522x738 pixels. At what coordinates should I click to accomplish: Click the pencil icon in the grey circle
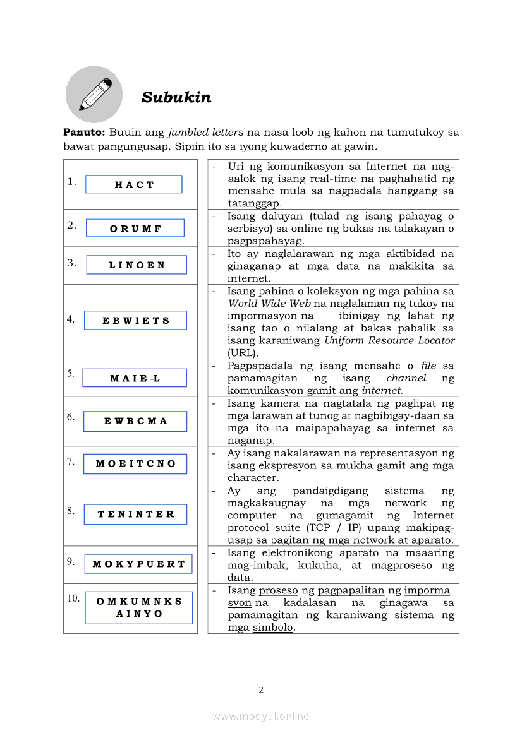94,95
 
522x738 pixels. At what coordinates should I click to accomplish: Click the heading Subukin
176,97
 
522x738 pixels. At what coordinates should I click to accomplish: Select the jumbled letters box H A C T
134,184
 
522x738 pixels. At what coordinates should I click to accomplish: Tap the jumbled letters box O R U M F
135,228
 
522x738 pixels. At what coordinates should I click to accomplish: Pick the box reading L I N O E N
137,265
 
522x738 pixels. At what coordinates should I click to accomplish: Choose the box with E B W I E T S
136,320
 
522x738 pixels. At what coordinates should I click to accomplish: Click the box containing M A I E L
135,378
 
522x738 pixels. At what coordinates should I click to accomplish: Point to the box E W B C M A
135,421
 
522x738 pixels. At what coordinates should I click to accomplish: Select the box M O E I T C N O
135,463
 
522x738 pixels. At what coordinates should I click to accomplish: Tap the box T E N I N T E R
136,514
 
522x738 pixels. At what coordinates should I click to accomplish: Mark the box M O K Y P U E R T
138,564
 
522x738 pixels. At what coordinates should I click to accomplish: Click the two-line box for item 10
139,607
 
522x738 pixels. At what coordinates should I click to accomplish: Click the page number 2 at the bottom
260,689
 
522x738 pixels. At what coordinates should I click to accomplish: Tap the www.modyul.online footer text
260,716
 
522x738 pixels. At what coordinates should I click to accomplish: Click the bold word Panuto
83,133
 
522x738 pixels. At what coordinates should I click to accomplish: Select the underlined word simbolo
273,628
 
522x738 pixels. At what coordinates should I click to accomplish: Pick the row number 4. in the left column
71,319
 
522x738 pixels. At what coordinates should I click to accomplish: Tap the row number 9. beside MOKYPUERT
71,561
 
